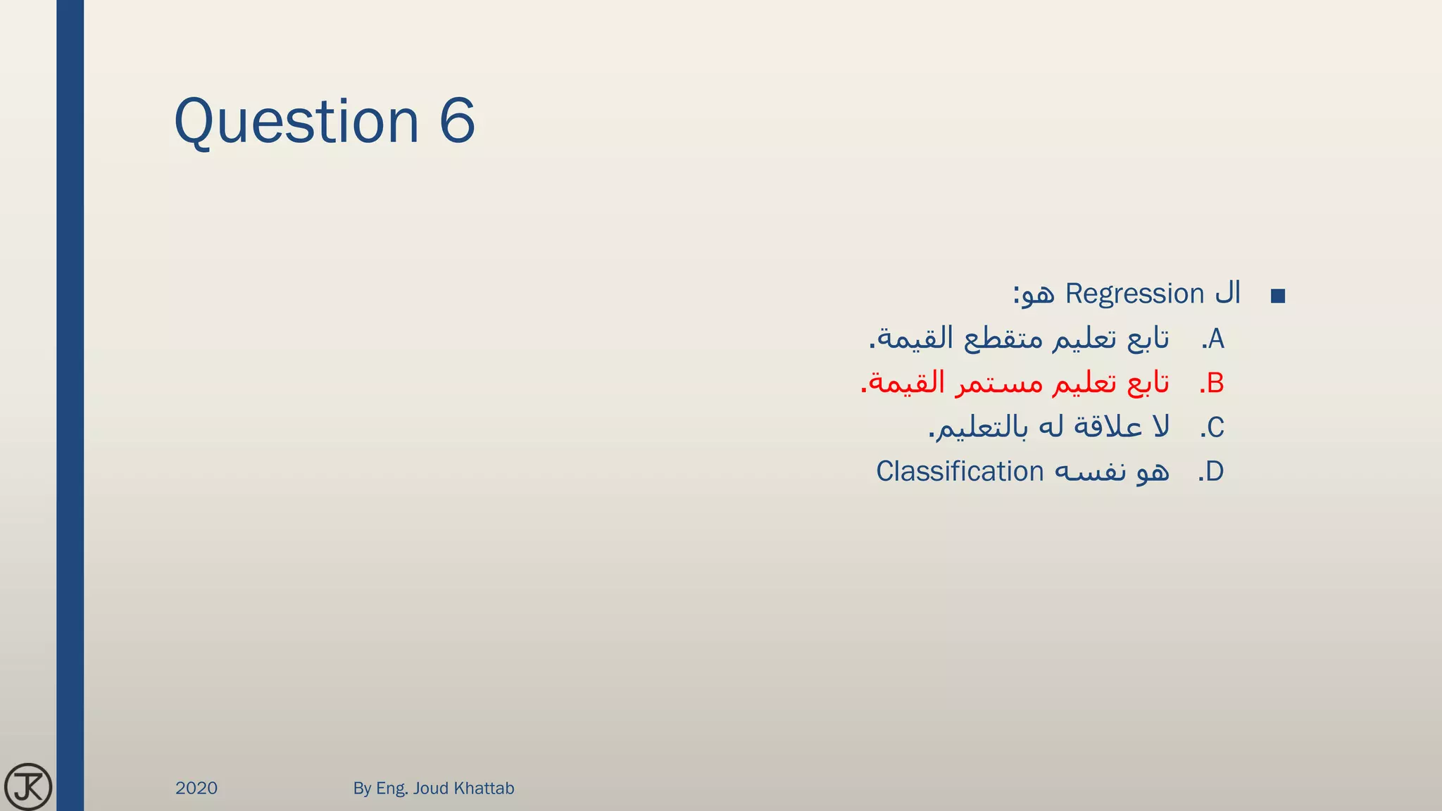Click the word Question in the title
tap(296, 121)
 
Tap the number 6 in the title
tap(458, 121)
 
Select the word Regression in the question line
tap(1134, 294)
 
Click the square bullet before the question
tap(1278, 296)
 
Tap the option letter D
tap(1215, 472)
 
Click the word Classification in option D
tap(960, 472)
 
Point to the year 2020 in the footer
tap(196, 788)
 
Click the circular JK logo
tap(28, 786)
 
